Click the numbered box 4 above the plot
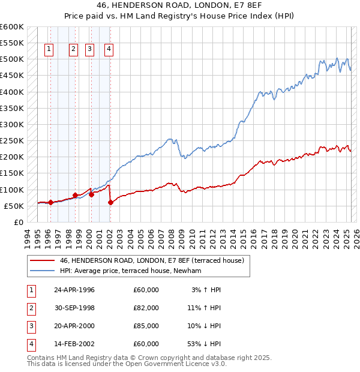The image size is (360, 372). pyautogui.click(x=109, y=50)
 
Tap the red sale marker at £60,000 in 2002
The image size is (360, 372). pyautogui.click(x=110, y=203)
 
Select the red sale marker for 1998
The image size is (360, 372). pyautogui.click(x=75, y=195)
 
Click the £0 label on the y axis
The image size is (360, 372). pyautogui.click(x=18, y=222)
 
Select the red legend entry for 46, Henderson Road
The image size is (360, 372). pyautogui.click(x=151, y=261)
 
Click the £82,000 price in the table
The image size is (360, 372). pyautogui.click(x=146, y=308)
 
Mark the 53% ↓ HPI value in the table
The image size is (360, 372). pyautogui.click(x=204, y=344)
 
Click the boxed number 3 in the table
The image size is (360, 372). pyautogui.click(x=31, y=326)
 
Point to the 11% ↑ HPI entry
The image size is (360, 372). pyautogui.click(x=204, y=308)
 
